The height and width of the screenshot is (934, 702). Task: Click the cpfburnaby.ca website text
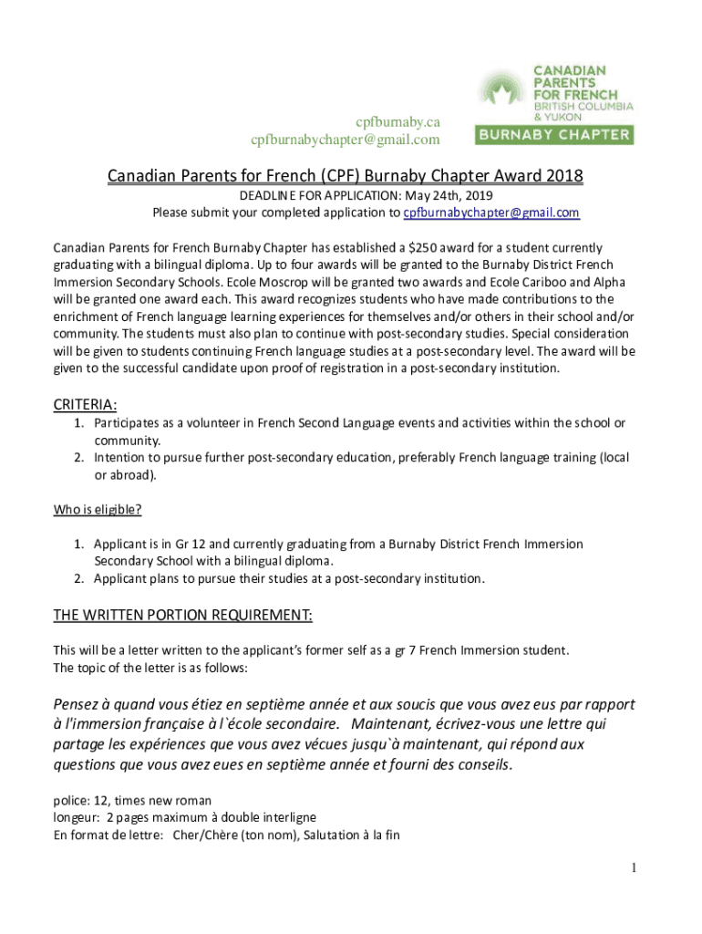[397, 121]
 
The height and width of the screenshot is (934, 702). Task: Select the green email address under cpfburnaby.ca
[346, 140]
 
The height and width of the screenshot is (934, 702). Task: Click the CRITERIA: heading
[86, 404]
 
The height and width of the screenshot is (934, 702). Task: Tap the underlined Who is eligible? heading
[97, 509]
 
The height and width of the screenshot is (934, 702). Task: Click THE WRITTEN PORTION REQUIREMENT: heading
[183, 616]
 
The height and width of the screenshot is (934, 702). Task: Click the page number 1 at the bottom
[633, 867]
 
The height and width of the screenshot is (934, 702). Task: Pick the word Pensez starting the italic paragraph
[79, 705]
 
